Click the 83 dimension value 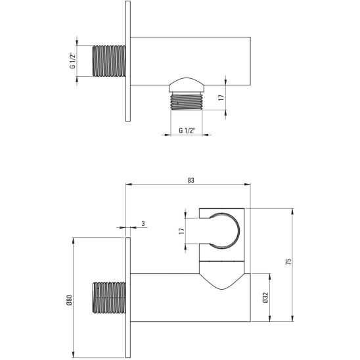[190, 179]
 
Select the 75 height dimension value [287, 261]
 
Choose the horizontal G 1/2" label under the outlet [188, 131]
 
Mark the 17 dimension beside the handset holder [181, 231]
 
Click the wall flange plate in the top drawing [128, 61]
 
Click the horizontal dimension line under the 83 [190, 186]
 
